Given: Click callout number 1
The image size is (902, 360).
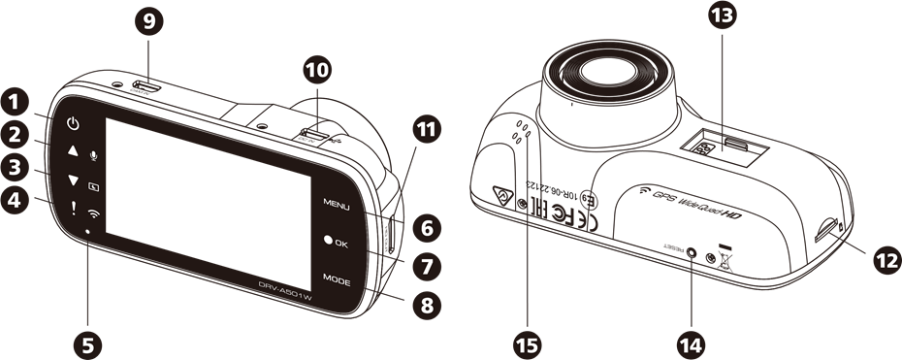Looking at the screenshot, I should pos(15,101).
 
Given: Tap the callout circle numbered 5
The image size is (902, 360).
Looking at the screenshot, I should pos(88,343).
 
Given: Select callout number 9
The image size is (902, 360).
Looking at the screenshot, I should pos(147,23).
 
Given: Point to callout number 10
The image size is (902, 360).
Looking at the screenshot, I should pos(316,70).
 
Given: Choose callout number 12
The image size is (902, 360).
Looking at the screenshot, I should pos(885,258).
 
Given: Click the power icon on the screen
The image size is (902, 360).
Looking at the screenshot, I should pos(74,124).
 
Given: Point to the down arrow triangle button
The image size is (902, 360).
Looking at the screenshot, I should pos(73,181).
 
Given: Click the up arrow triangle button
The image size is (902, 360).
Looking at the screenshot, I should pos(73,152).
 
